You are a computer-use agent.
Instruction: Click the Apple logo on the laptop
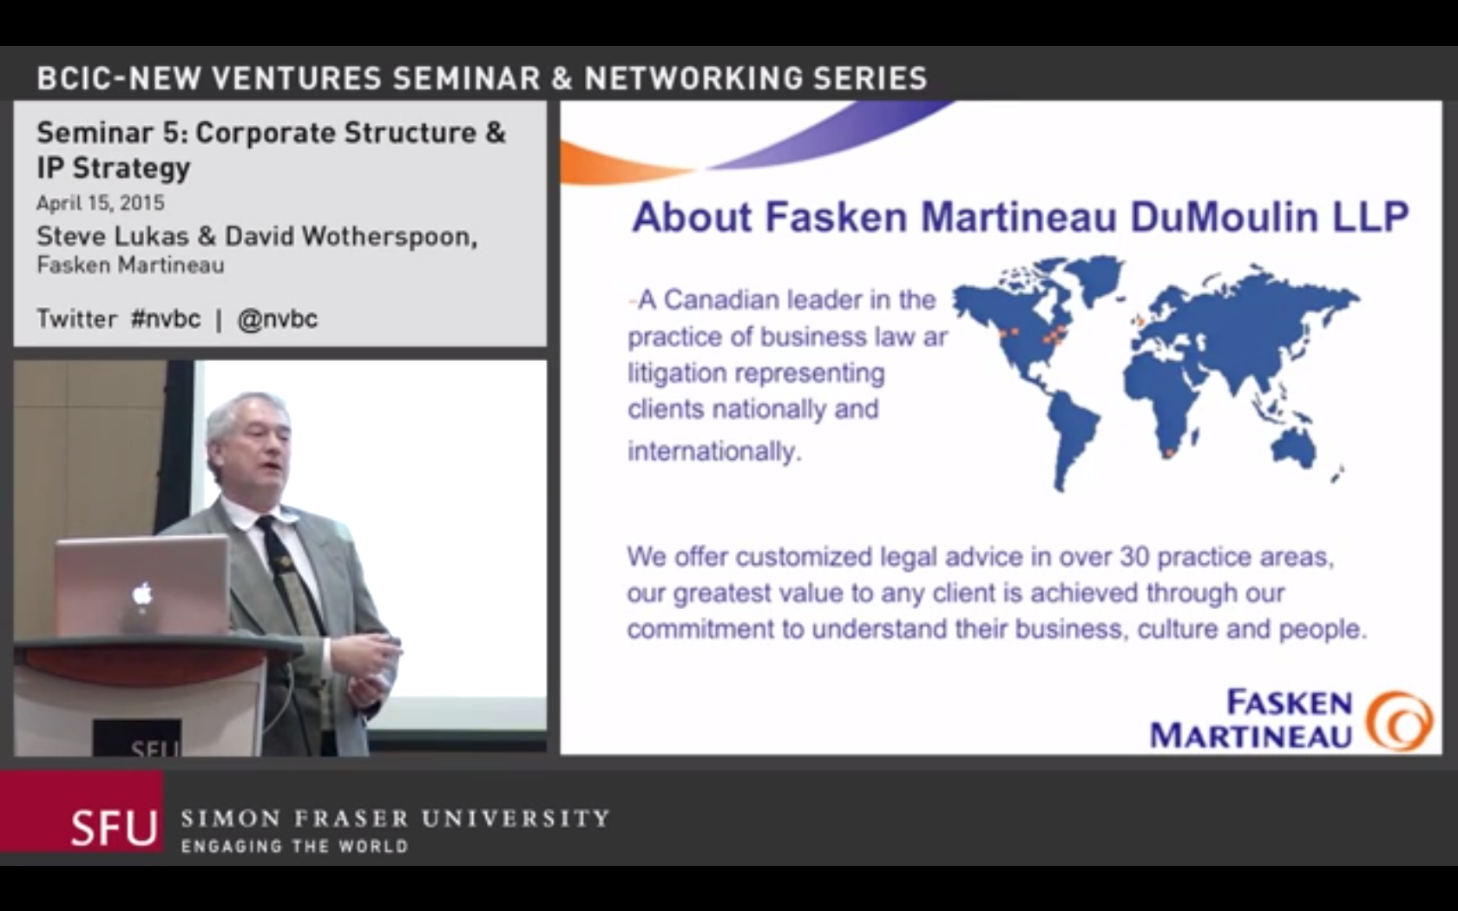click(142, 594)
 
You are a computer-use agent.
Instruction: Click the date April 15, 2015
click(101, 203)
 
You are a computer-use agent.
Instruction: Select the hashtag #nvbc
click(165, 319)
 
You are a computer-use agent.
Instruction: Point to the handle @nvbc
click(278, 319)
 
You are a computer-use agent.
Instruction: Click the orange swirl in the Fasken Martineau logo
click(1399, 720)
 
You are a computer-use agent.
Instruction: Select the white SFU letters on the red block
click(114, 828)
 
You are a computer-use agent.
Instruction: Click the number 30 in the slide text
click(1134, 557)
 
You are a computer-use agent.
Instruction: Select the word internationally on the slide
click(714, 451)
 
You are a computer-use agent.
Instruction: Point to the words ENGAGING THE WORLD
click(294, 846)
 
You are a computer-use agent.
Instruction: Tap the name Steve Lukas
click(113, 236)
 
